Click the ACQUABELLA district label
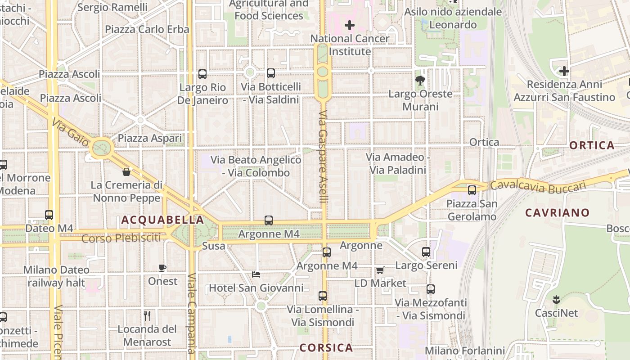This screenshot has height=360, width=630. (162, 220)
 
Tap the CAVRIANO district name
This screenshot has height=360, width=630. (557, 212)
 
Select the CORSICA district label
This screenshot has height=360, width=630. (326, 347)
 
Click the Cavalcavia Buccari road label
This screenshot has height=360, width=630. (538, 187)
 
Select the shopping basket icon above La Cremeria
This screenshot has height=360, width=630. (126, 171)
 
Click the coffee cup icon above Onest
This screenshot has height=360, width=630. (162, 268)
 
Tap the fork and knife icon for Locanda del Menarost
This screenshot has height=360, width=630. (147, 315)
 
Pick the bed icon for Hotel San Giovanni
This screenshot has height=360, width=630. (256, 274)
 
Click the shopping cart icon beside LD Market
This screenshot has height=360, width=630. (380, 270)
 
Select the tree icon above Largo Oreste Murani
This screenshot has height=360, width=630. (420, 81)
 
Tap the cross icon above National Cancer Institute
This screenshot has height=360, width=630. (350, 25)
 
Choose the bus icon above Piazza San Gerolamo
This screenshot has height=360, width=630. (472, 190)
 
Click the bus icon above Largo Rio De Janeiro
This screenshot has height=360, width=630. (202, 74)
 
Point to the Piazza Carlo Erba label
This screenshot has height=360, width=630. (147, 29)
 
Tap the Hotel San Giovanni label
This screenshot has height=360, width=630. (256, 288)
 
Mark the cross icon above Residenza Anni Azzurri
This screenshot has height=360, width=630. (564, 71)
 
